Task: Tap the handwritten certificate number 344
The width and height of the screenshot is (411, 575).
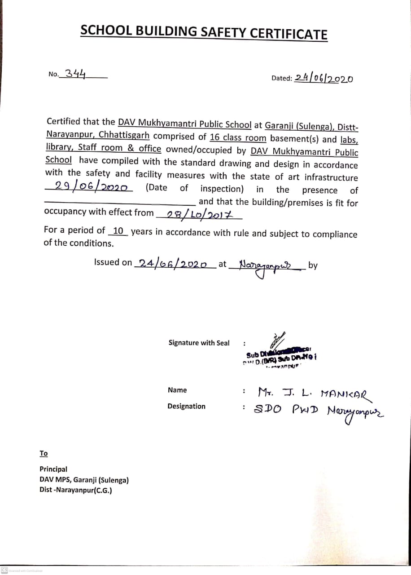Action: [75, 74]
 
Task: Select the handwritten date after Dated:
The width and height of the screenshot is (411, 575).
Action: [324, 79]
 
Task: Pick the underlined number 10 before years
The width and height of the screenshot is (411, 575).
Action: [118, 231]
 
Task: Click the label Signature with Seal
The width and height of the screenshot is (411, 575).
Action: [199, 343]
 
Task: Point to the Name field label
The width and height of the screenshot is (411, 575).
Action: [177, 390]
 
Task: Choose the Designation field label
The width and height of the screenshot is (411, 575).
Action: [186, 406]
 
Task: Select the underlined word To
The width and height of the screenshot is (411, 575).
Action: [44, 453]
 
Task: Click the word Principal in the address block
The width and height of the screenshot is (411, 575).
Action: [53, 469]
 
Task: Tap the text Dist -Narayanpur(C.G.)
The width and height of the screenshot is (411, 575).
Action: [75, 490]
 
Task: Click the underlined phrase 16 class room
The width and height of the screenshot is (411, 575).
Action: [238, 137]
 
